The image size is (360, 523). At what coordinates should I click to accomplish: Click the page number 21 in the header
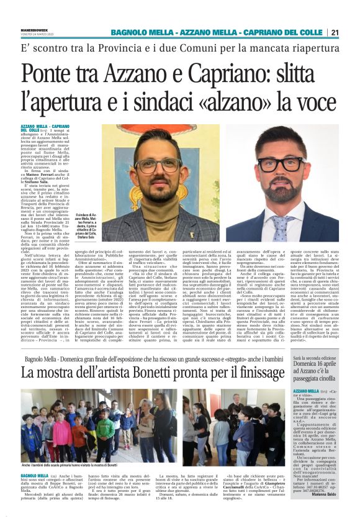click(x=352, y=32)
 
